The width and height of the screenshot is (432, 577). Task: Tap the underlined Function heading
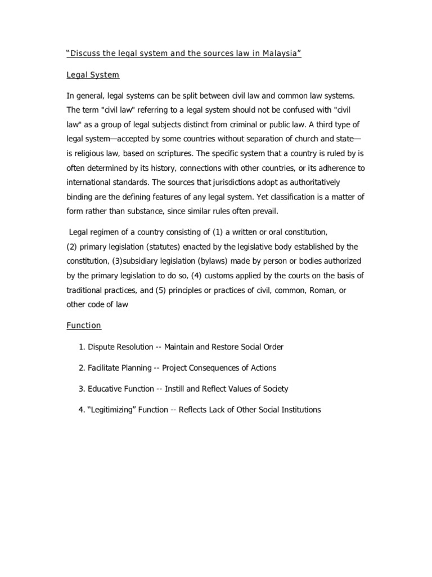point(84,325)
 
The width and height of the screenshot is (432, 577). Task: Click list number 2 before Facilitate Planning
point(82,368)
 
